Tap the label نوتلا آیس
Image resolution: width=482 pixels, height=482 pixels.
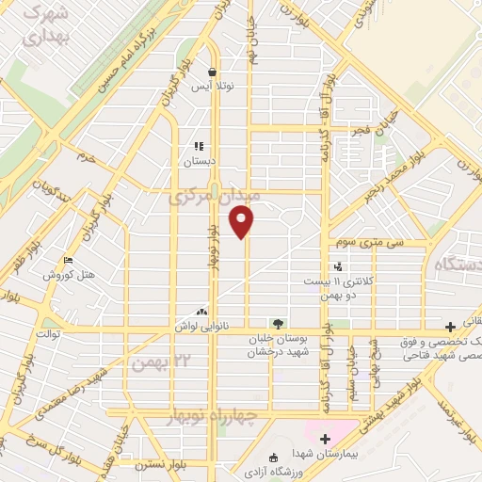coord(213,87)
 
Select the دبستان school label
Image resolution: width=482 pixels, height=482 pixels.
coord(199,162)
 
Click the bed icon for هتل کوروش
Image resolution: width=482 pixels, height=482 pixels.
coord(67,261)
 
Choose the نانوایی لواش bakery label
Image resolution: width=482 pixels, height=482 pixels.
coord(201,326)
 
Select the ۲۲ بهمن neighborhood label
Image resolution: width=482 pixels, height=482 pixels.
coord(150,360)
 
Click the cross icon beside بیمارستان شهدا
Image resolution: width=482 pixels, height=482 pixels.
coord(326,438)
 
